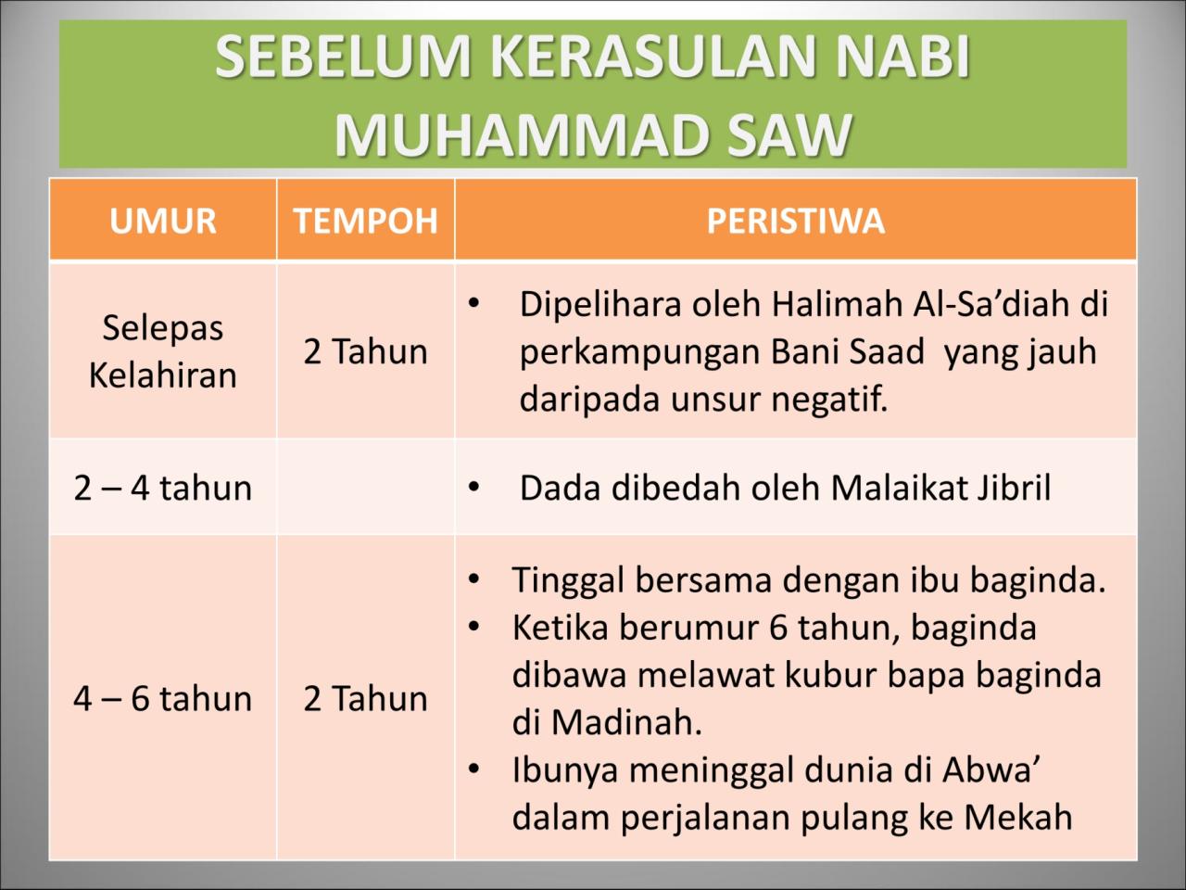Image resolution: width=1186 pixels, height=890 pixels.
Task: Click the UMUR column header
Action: tap(163, 222)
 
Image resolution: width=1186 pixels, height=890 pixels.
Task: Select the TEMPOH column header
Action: tap(365, 222)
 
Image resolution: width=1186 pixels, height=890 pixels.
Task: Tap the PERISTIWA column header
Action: tap(795, 222)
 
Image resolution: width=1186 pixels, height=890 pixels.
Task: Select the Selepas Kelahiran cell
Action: tap(163, 351)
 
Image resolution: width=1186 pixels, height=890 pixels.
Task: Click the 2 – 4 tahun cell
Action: tap(163, 488)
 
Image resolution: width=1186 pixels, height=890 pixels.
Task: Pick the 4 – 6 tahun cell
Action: tap(163, 698)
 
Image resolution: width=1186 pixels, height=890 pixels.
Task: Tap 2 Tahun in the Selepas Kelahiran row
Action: tap(365, 352)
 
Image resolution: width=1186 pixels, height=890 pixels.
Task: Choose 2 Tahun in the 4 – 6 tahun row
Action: tap(365, 698)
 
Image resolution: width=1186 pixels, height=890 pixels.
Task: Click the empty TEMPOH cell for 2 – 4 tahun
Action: tap(365, 488)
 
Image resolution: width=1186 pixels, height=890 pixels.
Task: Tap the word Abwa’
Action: tap(991, 770)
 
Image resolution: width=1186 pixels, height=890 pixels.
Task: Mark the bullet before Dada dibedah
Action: tap(473, 488)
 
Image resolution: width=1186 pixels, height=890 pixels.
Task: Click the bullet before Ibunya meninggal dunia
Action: tap(473, 769)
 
